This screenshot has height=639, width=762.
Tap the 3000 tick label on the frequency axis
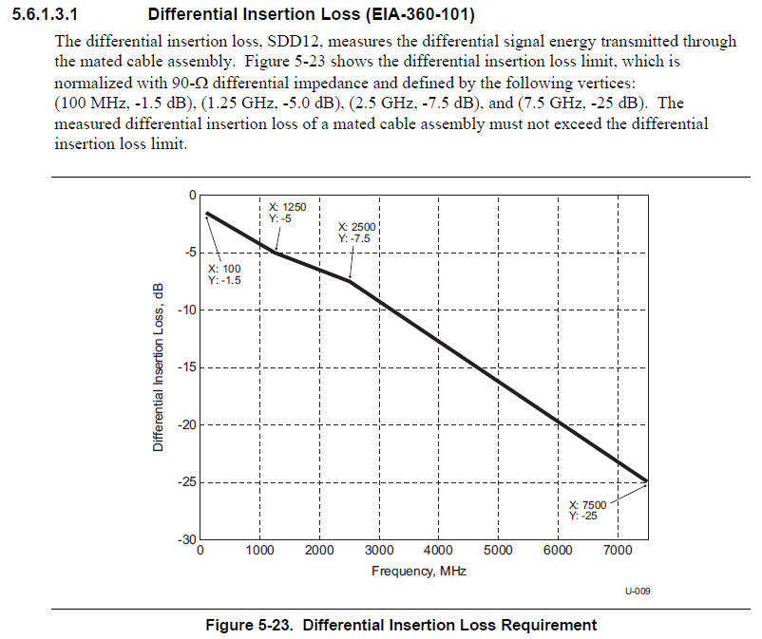click(x=379, y=550)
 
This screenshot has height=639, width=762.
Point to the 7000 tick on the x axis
click(x=618, y=550)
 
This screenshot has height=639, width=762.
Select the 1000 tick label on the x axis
click(x=259, y=550)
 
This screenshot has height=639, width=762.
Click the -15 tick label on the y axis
click(x=185, y=367)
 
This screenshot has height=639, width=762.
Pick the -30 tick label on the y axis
click(x=185, y=539)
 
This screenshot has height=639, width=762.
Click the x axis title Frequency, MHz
click(x=419, y=571)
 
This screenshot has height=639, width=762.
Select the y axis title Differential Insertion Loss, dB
click(x=159, y=366)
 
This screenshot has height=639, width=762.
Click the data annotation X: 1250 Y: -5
click(x=288, y=213)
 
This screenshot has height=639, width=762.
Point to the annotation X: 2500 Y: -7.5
click(x=358, y=233)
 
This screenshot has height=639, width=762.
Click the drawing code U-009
click(x=638, y=592)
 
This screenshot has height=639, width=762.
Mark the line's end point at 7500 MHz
click(x=647, y=481)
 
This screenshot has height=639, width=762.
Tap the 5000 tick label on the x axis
click(x=498, y=550)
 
